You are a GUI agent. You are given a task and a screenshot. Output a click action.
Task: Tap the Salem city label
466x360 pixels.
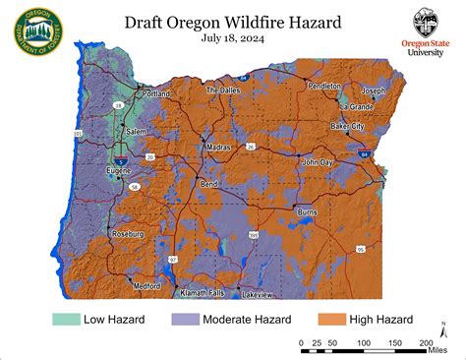pyautogui.click(x=136, y=131)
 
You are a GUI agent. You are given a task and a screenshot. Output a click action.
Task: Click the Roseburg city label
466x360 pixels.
pyautogui.click(x=129, y=234)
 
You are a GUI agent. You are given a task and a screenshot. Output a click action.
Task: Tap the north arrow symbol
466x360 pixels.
pyautogui.click(x=441, y=331)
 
